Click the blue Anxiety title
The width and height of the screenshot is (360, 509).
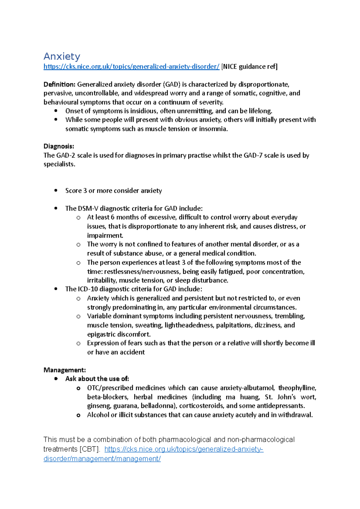[62, 56]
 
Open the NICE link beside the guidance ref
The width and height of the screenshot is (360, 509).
[131, 67]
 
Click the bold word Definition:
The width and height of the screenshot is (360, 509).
[59, 85]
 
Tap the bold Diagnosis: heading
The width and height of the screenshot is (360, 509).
[59, 146]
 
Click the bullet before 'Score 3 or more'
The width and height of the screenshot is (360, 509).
[56, 191]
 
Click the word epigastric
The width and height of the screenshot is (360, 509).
[101, 334]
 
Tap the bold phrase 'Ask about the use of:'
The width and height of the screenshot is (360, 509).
[97, 379]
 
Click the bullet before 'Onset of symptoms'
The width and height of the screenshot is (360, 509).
[56, 111]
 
